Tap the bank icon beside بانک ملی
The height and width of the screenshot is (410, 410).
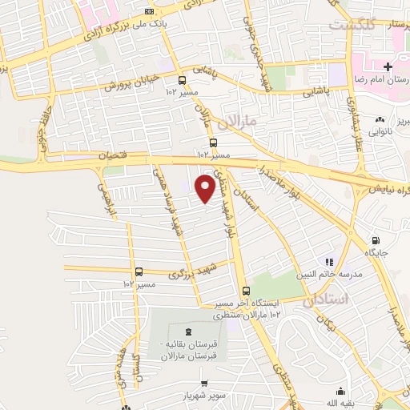pyautogui.click(x=150, y=11)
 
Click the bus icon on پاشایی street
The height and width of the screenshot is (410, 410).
pyautogui.click(x=183, y=80)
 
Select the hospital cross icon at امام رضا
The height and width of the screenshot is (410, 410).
pyautogui.click(x=388, y=66)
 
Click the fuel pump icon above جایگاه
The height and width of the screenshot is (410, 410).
pyautogui.click(x=376, y=240)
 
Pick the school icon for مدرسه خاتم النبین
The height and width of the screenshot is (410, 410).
pyautogui.click(x=328, y=261)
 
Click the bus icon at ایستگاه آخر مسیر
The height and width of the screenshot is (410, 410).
pyautogui.click(x=246, y=291)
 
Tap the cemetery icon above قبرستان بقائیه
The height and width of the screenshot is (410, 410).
pyautogui.click(x=189, y=332)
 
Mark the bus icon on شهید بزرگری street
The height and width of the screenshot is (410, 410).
pyautogui.click(x=139, y=271)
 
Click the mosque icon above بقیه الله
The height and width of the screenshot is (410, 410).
pyautogui.click(x=342, y=392)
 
